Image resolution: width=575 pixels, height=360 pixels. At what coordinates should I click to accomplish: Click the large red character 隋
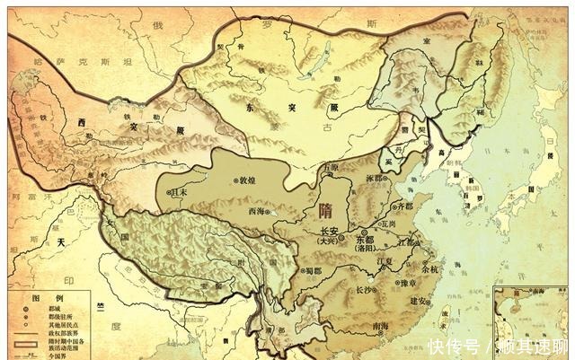pyautogui.click(x=326, y=212)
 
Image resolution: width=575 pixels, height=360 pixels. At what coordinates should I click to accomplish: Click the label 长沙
pyautogui.click(x=363, y=290)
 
